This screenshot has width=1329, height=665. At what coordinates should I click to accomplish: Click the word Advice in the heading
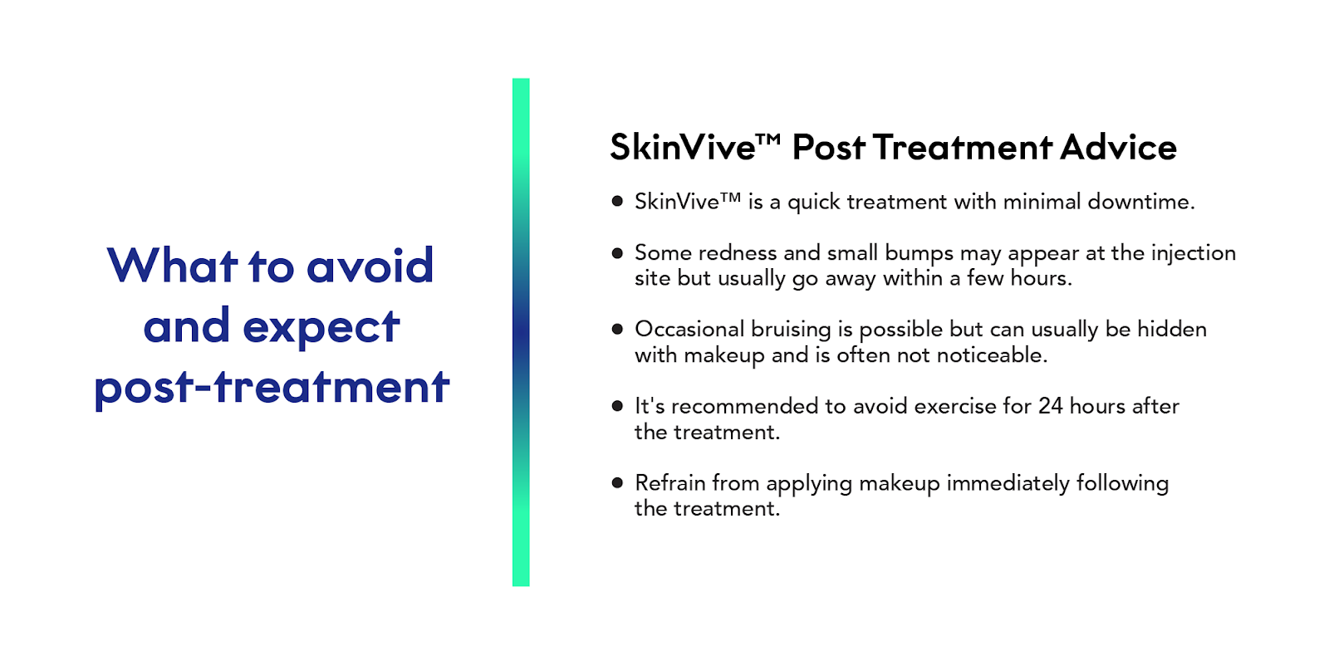(x=1119, y=148)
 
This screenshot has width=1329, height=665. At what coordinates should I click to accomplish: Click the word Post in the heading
(x=829, y=148)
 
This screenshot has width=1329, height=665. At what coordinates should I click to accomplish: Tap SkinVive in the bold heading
(x=683, y=148)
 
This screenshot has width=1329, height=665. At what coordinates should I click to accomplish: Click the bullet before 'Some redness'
(x=617, y=252)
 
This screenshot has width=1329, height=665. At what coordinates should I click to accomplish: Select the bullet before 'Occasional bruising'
(x=617, y=329)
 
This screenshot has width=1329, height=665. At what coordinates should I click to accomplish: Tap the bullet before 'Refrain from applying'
(x=617, y=482)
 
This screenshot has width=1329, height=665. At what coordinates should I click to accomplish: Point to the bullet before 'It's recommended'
(x=617, y=406)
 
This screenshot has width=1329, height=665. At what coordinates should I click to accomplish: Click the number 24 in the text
(x=1050, y=406)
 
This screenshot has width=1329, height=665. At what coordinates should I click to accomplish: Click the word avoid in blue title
(x=370, y=266)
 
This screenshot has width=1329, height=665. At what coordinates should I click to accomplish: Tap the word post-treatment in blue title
(x=272, y=388)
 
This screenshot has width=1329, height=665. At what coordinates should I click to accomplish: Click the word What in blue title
(x=173, y=266)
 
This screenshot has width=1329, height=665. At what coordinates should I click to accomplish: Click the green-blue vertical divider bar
(x=521, y=332)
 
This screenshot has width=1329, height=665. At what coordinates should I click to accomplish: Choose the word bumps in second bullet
(x=919, y=253)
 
